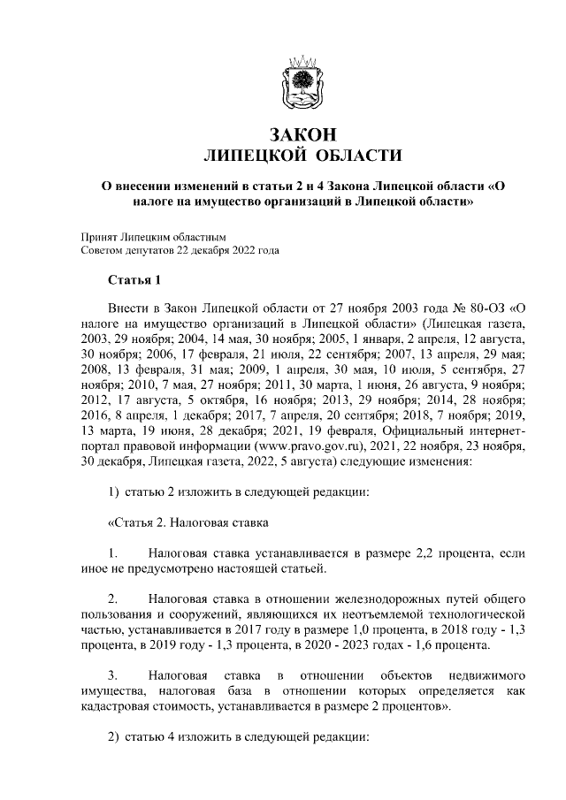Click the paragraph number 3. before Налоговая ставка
tap(113, 674)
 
